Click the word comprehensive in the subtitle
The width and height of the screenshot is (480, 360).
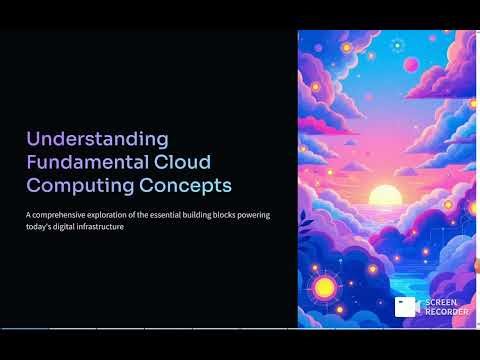pos(66,215)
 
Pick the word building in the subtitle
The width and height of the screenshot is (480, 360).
pos(215,215)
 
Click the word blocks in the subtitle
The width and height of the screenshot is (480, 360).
pos(247,215)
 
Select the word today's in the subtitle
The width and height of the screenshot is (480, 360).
pos(41,227)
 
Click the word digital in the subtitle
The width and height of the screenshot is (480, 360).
pos(72,227)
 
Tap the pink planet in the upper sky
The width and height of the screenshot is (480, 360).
pos(410,65)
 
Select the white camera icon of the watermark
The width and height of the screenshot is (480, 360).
pos(405,306)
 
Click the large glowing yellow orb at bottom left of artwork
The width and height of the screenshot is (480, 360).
pos(324,288)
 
